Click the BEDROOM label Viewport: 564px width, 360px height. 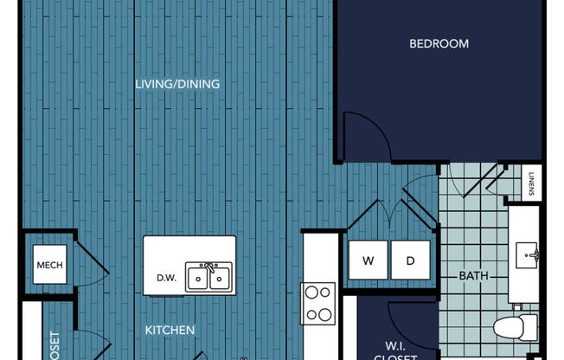click(x=439, y=43)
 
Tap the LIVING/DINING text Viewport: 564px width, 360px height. click(x=177, y=85)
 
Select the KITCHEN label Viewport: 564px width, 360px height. click(x=169, y=330)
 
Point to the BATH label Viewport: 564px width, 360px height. click(x=473, y=276)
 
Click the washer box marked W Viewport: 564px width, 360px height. click(x=368, y=260)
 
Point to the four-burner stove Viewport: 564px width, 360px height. click(x=317, y=304)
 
